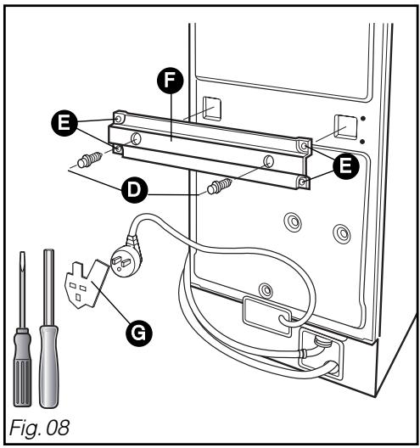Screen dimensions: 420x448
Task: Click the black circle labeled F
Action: [x=170, y=81]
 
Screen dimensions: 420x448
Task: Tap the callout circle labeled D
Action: [x=134, y=190]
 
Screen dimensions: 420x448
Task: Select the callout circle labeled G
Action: [x=139, y=333]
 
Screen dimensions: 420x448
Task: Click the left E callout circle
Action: [x=64, y=123]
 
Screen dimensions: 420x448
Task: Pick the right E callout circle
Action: [x=345, y=166]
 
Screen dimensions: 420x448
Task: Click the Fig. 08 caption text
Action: [x=39, y=428]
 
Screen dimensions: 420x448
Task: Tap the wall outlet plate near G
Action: [x=86, y=284]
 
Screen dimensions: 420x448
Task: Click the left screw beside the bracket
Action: [x=89, y=160]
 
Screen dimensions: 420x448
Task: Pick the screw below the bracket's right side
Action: [x=220, y=186]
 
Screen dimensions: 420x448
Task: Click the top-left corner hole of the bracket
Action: [x=118, y=118]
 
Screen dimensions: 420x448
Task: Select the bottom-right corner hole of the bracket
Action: [x=303, y=182]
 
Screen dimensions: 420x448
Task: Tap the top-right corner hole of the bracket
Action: [x=304, y=146]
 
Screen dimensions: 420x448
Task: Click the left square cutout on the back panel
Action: [x=212, y=109]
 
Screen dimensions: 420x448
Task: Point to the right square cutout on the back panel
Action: [x=346, y=126]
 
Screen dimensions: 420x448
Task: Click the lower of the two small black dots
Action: [x=362, y=142]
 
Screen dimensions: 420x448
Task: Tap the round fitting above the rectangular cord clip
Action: [x=266, y=290]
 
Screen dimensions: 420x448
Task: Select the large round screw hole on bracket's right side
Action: [x=268, y=161]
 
